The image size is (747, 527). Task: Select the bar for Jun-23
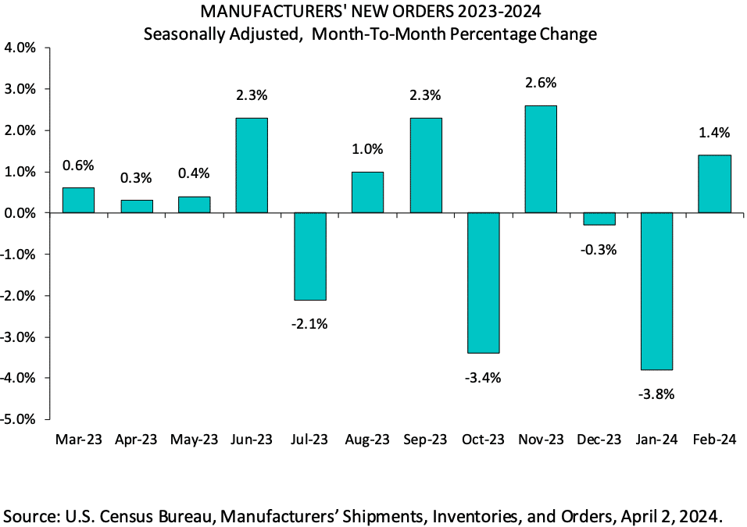click(252, 165)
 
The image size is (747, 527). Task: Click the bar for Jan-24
click(656, 290)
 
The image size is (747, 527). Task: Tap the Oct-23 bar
click(483, 283)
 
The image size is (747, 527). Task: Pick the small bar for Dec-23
click(599, 219)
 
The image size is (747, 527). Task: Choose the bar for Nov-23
click(541, 158)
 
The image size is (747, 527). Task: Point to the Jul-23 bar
click(309, 256)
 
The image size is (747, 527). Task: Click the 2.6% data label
click(541, 83)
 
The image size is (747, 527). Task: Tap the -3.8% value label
click(656, 393)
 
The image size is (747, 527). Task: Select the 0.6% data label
click(78, 165)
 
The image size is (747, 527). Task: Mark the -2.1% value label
click(309, 323)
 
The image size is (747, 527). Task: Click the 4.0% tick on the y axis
click(20, 48)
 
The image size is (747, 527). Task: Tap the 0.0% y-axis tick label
click(20, 213)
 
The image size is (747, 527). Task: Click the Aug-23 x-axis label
click(367, 440)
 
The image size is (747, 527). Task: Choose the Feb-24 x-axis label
click(714, 440)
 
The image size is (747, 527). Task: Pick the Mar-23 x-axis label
click(78, 440)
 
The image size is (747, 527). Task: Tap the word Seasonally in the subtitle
click(188, 34)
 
